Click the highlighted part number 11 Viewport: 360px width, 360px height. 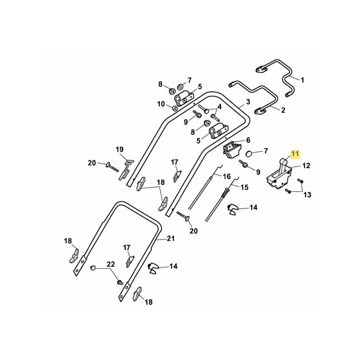[295, 153]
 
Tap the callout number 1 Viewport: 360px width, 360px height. [302, 80]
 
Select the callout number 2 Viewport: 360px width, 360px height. [283, 110]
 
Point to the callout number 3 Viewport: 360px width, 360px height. [248, 102]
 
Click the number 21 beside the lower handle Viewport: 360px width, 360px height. [171, 238]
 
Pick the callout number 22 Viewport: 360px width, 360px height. [111, 264]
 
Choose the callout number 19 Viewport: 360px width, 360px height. [119, 149]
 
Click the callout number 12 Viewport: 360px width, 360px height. [306, 166]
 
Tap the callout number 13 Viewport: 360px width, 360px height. [307, 195]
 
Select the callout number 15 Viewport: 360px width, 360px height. [244, 187]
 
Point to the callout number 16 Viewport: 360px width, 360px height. [227, 176]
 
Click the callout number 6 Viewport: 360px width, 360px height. [248, 140]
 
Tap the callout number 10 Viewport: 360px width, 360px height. [161, 104]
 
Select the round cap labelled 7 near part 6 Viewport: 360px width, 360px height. [249, 153]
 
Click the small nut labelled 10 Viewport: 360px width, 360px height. [174, 108]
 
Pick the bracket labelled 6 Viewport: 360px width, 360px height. [232, 150]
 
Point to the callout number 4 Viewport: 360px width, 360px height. [220, 107]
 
